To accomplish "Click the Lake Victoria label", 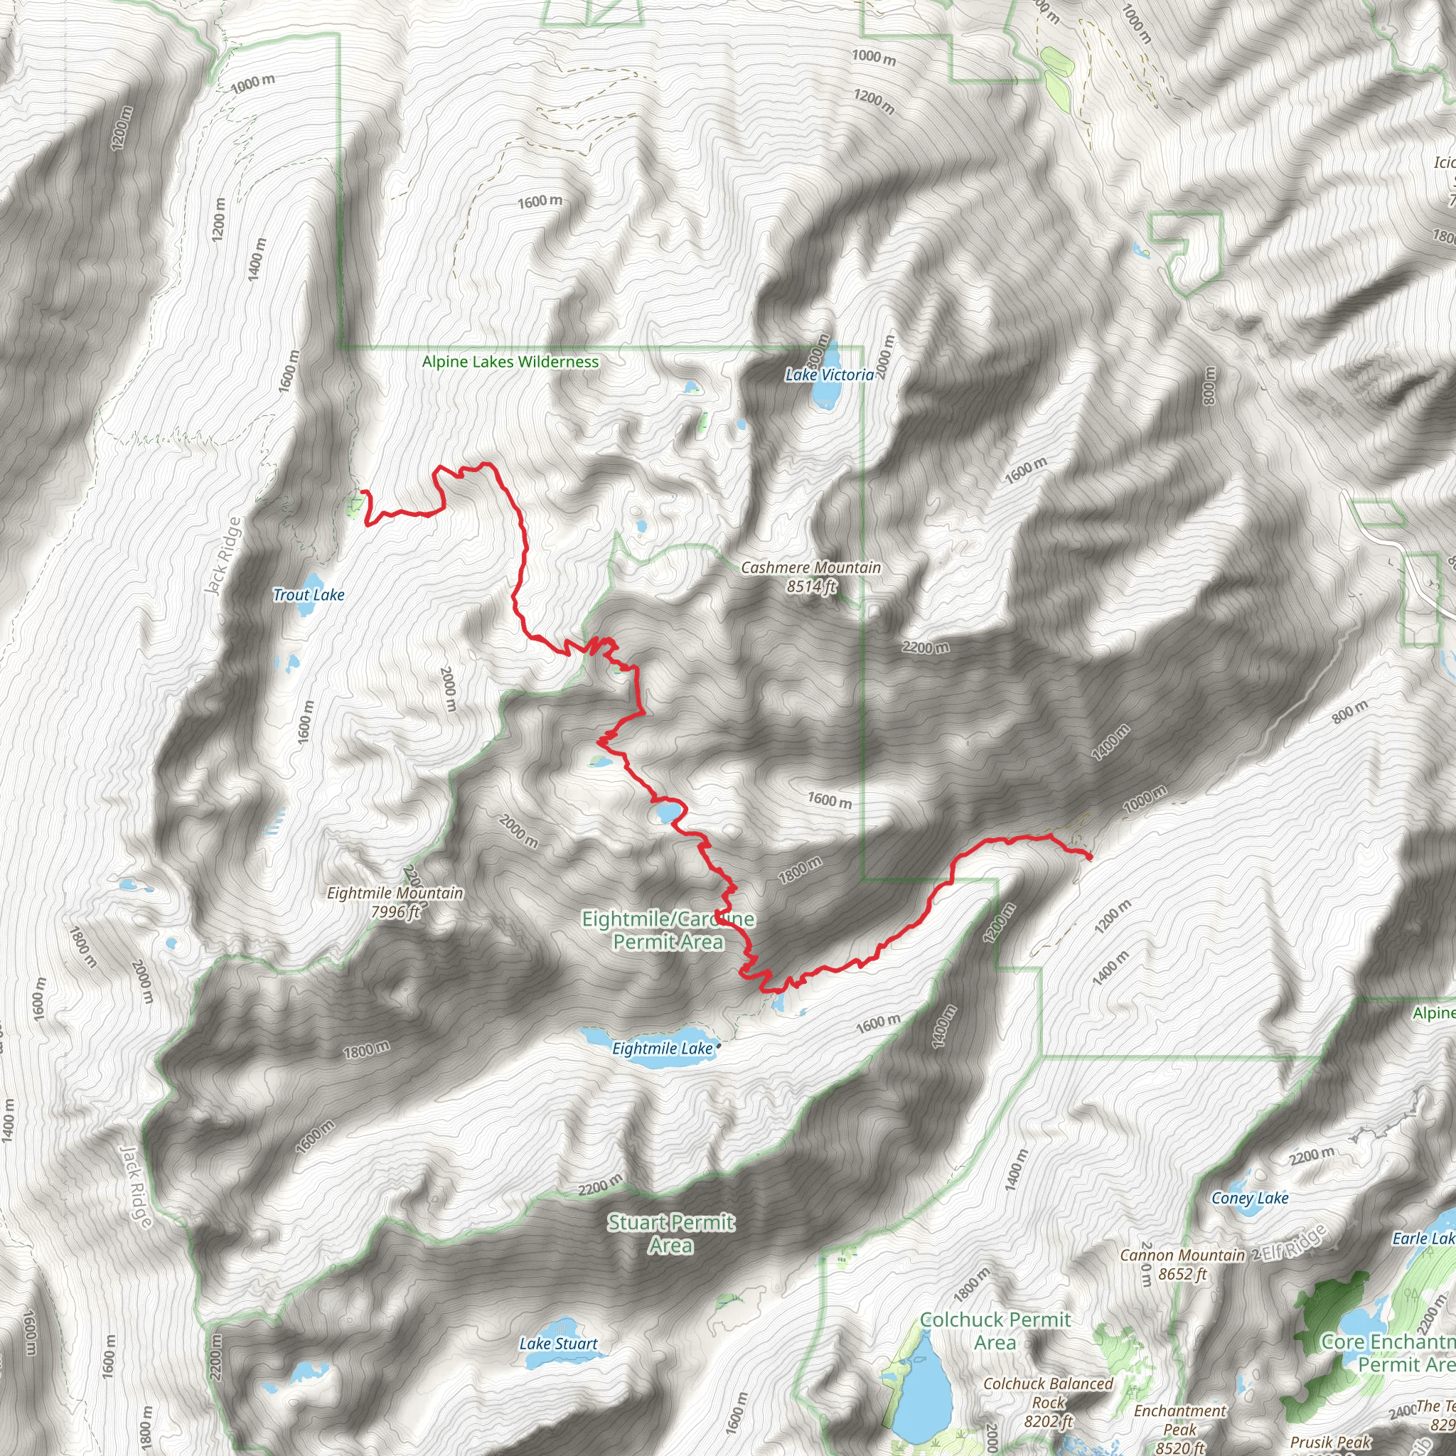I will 829,375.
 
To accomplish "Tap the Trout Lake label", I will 309,594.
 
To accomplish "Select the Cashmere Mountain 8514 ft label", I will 811,577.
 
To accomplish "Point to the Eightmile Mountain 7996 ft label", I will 395,902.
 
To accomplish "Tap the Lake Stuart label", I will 558,1344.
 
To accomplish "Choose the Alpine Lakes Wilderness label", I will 510,362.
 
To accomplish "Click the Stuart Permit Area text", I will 670,1233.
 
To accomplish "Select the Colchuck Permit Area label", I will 995,1331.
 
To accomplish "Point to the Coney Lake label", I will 1250,1198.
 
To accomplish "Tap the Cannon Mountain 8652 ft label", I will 1182,1264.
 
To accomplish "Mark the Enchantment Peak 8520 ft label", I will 1180,1429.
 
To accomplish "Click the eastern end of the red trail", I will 1090,857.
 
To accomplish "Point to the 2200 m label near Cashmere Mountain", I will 926,647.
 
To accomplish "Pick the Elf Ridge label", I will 1294,1242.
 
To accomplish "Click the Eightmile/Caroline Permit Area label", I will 668,930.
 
